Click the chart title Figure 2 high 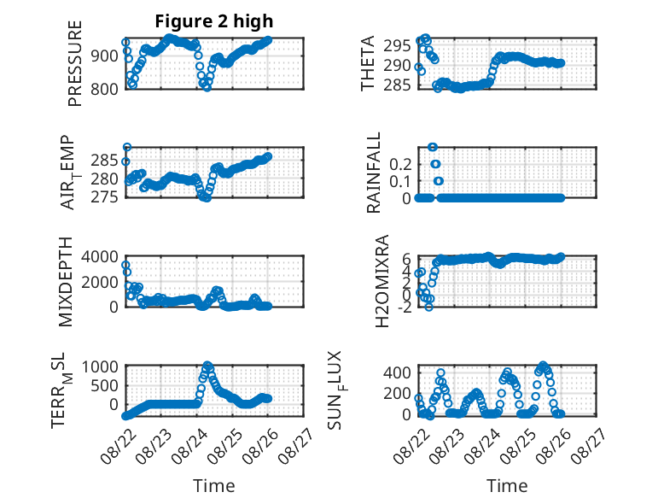tap(214, 21)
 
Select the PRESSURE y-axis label tap(74, 63)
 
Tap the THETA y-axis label tap(368, 63)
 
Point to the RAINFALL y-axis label tap(374, 173)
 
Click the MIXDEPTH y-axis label tap(66, 282)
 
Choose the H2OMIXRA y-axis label tap(382, 281)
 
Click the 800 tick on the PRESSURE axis tap(104, 90)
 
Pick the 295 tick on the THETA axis tap(397, 45)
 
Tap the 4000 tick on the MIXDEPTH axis tap(100, 256)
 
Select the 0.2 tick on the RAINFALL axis tap(400, 164)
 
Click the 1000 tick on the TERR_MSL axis tap(100, 366)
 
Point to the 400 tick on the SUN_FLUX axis tap(397, 373)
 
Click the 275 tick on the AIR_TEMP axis tap(104, 197)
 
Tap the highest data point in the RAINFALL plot tap(433, 147)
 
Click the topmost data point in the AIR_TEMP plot tap(126, 147)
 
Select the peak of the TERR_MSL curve tap(207, 365)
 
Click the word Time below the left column tap(214, 486)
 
